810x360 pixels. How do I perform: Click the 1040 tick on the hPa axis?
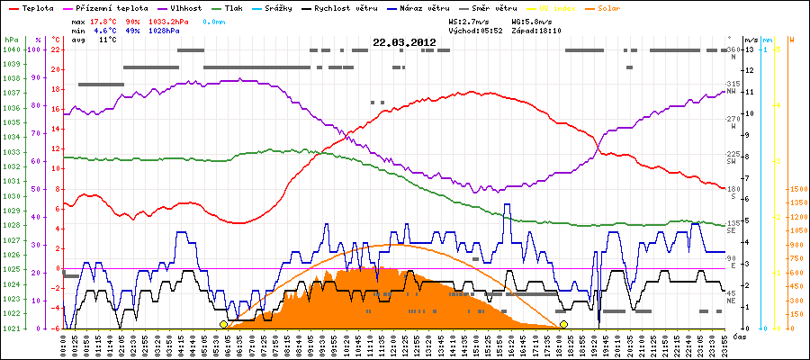[x=10, y=49]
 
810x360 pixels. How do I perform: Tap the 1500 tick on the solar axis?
[x=797, y=189]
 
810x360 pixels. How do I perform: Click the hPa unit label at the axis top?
[x=10, y=40]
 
